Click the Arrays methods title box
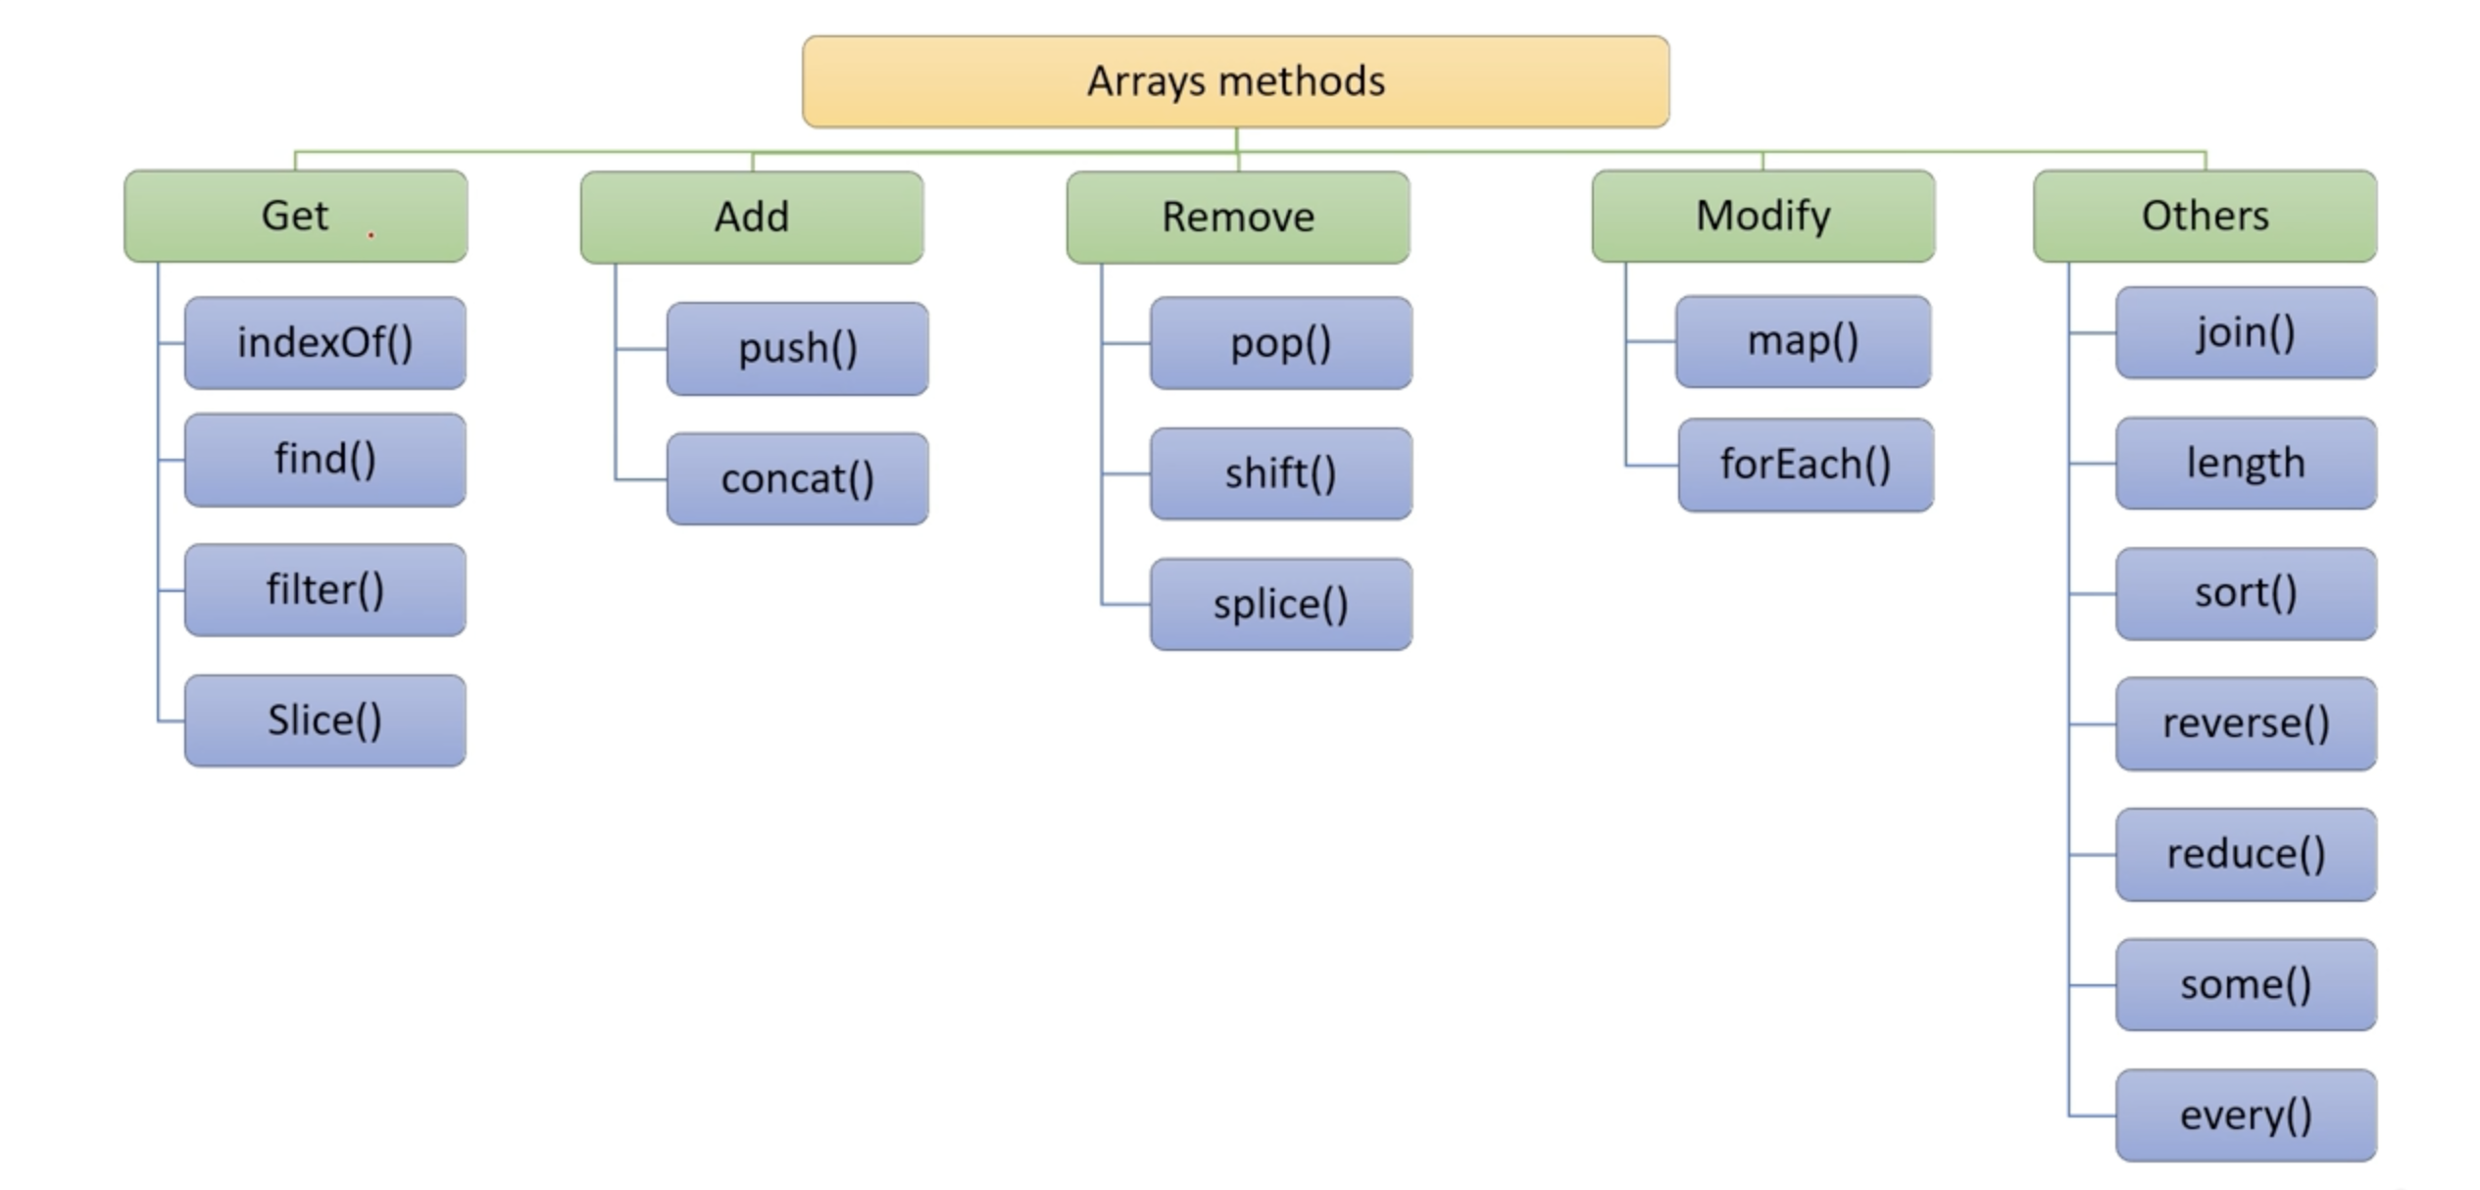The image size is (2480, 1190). [x=1235, y=81]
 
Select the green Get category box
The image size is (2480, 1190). [x=295, y=216]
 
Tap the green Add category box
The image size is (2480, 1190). [x=752, y=217]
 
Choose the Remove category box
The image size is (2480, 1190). [x=1238, y=217]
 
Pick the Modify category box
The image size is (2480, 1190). [x=1762, y=216]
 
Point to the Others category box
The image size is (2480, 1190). [x=2205, y=216]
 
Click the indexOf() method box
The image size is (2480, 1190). [x=325, y=343]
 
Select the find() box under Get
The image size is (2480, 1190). [x=325, y=460]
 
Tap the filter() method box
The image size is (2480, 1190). [x=325, y=590]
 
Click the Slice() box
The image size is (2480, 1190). [x=325, y=720]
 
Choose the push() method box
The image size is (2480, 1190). [x=797, y=349]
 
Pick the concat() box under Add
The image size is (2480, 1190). [x=797, y=479]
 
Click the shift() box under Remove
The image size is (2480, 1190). [x=1281, y=473]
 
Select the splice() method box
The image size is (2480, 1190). [x=1281, y=604]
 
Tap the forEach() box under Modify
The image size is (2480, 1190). [x=1806, y=465]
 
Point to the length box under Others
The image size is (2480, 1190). [x=2246, y=463]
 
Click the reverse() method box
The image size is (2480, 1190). [x=2246, y=723]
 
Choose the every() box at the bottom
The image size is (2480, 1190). [x=2246, y=1116]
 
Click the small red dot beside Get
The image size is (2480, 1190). [x=371, y=235]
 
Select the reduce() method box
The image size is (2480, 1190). [x=2246, y=854]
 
